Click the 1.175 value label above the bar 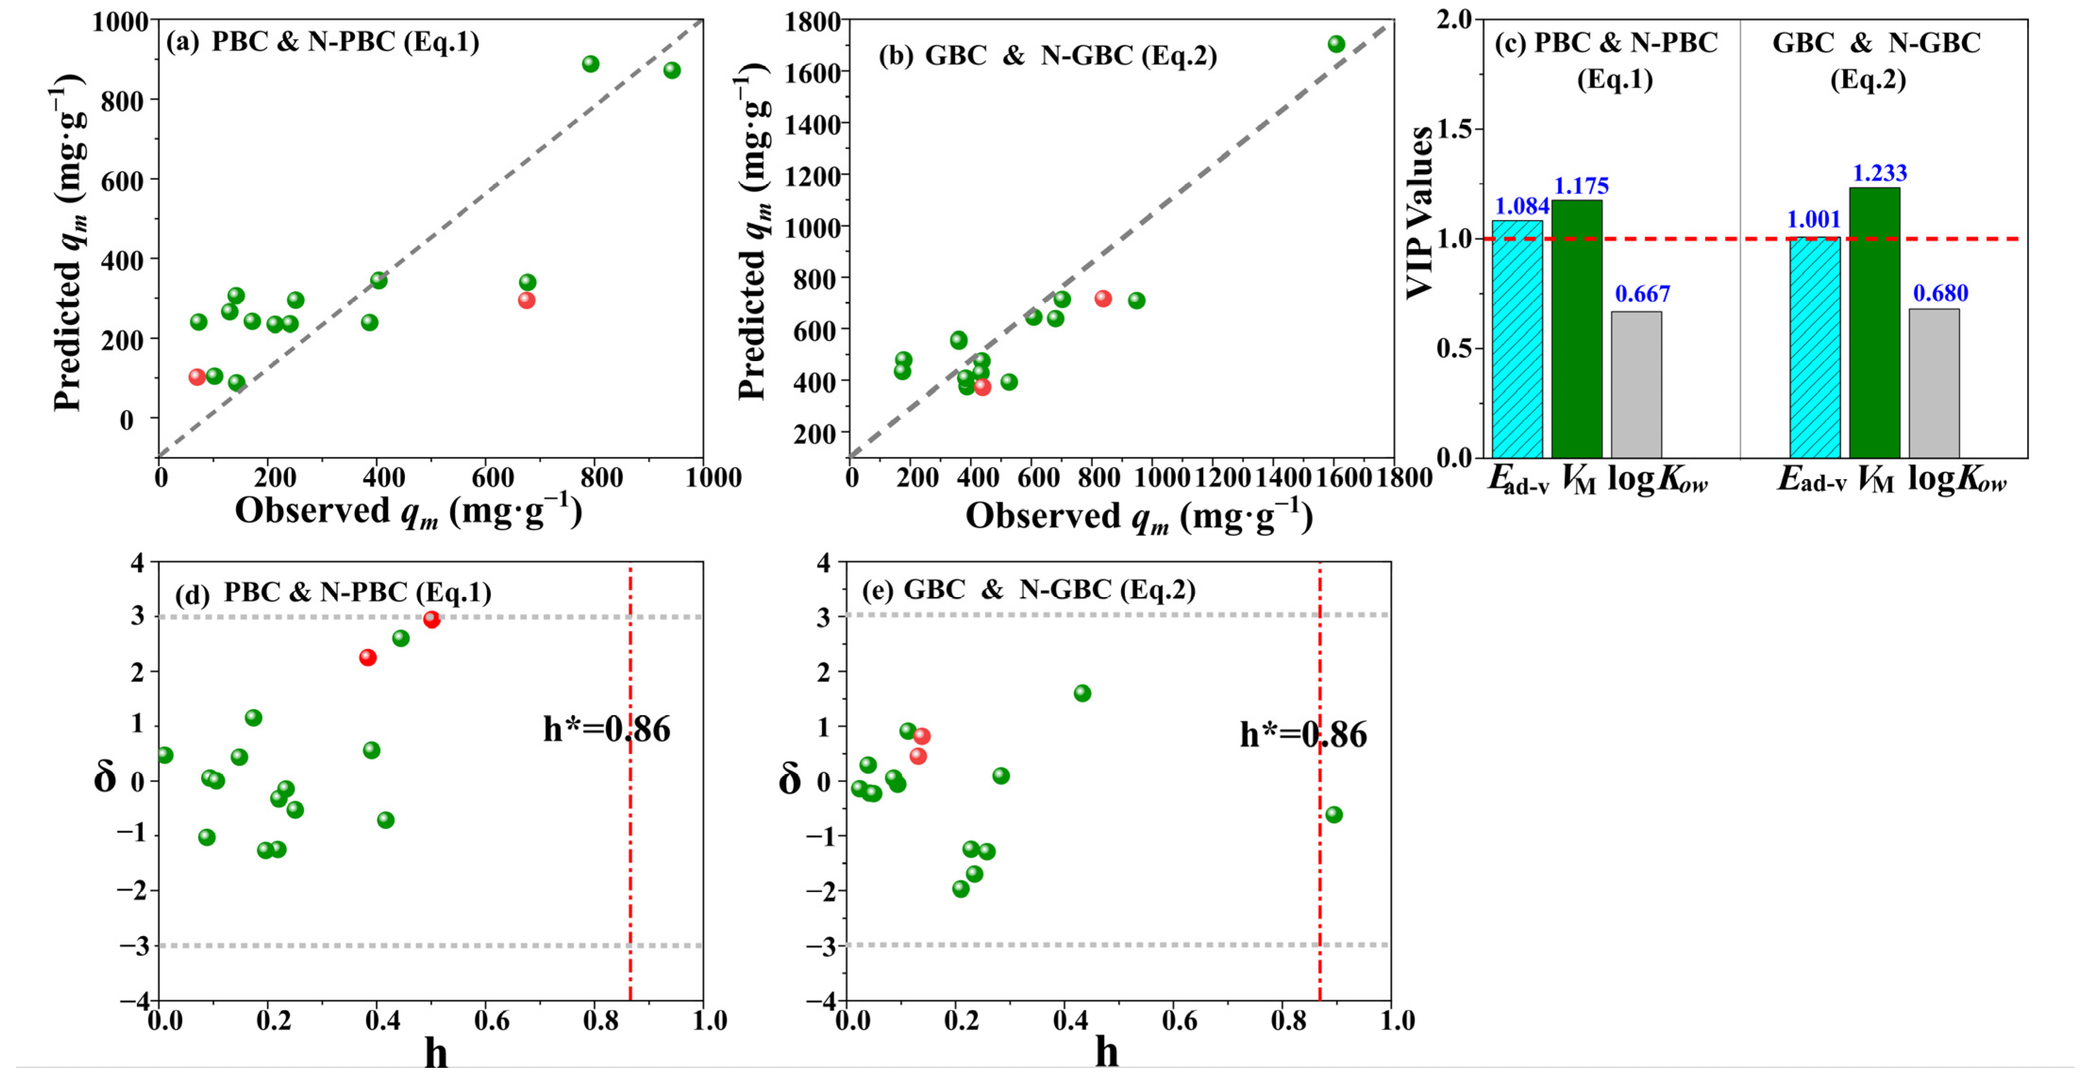1581,186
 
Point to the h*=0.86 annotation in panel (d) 606,729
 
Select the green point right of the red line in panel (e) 1333,814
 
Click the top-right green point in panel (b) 1336,44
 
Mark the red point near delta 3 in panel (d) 431,620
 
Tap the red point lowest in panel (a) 197,377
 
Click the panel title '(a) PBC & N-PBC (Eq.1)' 323,42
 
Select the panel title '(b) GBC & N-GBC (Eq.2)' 1047,55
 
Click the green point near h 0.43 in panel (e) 1082,693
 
